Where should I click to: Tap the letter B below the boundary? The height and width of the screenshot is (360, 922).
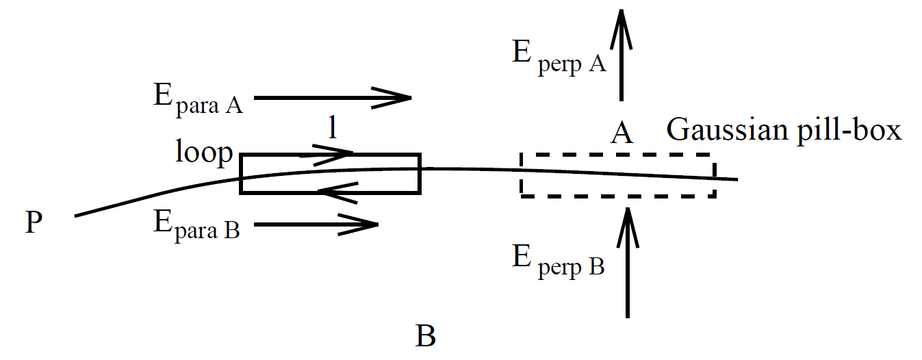(x=425, y=336)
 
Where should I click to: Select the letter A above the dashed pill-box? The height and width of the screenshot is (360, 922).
(x=621, y=133)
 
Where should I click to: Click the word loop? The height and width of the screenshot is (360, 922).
(x=204, y=153)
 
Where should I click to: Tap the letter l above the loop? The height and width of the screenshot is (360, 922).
(x=333, y=129)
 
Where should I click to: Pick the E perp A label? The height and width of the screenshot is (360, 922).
(x=559, y=57)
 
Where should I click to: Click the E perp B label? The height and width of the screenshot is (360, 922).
(x=558, y=261)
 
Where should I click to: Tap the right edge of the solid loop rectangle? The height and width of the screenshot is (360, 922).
(x=419, y=173)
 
